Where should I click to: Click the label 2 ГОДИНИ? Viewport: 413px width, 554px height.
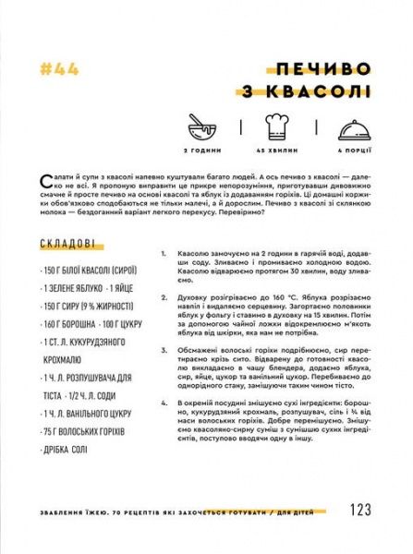200,150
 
